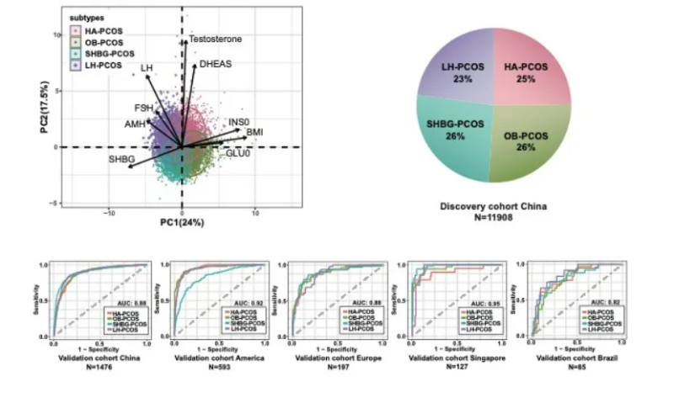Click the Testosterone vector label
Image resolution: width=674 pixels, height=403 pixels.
point(216,39)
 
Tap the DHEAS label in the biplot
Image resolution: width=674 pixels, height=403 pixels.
point(215,64)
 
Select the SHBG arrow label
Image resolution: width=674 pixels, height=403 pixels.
point(121,159)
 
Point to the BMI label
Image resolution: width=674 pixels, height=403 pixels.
point(255,133)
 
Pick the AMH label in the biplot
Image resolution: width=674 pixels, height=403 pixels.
point(135,125)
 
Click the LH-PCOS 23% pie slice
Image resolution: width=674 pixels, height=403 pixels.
point(461,72)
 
